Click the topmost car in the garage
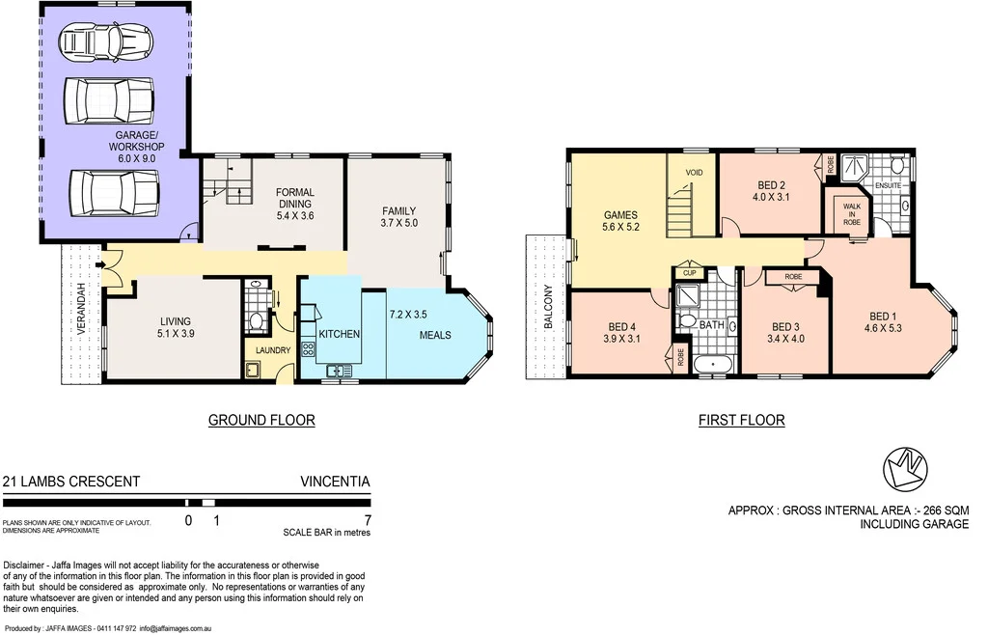pyautogui.click(x=106, y=41)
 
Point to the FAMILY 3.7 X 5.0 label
pyautogui.click(x=398, y=218)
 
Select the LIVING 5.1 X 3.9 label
pyautogui.click(x=176, y=328)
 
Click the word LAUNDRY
pyautogui.click(x=273, y=350)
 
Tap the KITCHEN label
pyautogui.click(x=339, y=334)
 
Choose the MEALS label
pyautogui.click(x=435, y=336)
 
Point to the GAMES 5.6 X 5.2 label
pyautogui.click(x=621, y=221)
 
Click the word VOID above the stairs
pyautogui.click(x=694, y=173)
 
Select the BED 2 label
pyautogui.click(x=770, y=192)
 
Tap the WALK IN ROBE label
pyautogui.click(x=852, y=214)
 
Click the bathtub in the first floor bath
pyautogui.click(x=713, y=364)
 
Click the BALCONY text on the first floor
pyautogui.click(x=548, y=307)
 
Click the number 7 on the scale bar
pyautogui.click(x=366, y=520)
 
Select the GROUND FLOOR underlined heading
pyautogui.click(x=262, y=420)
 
